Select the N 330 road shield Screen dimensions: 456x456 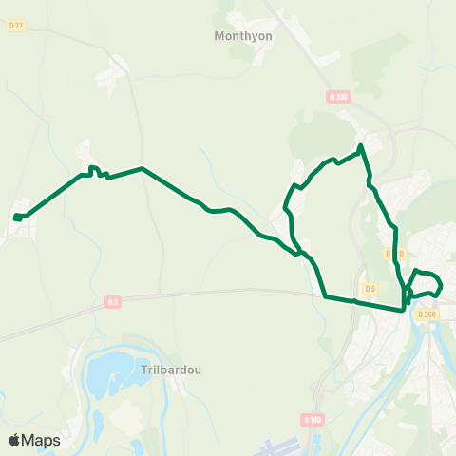click(x=337, y=97)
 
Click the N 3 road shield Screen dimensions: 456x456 click(x=113, y=302)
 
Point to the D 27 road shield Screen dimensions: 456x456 click(x=15, y=27)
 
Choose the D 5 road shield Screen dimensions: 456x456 click(x=370, y=287)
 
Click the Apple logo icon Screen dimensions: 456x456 click(x=14, y=440)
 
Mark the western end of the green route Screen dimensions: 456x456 click(x=16, y=218)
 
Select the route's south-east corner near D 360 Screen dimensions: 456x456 click(x=405, y=308)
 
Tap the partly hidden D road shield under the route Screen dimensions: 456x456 click(x=396, y=254)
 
